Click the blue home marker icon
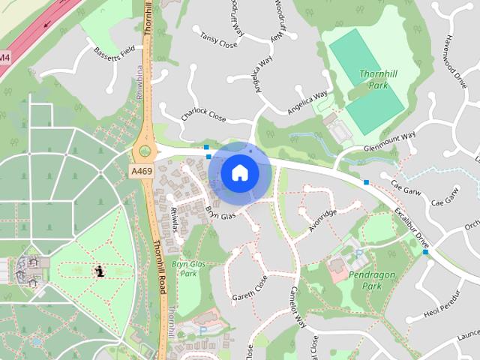(239, 173)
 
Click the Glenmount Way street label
(388, 142)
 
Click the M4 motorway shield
(5, 57)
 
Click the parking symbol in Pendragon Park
(358, 253)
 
